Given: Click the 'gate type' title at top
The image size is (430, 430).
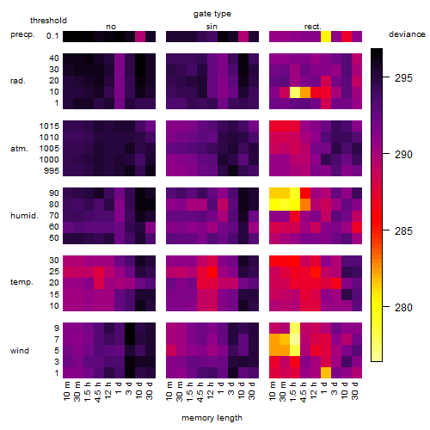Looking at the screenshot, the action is [212, 14].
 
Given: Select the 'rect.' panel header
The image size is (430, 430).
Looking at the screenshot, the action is [313, 27].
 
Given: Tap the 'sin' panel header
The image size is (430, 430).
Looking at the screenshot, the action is [212, 27].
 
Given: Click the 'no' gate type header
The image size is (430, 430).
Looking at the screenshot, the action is [111, 27].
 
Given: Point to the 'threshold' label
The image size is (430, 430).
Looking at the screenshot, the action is [48, 21].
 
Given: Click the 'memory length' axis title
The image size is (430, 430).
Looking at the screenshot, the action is [212, 418].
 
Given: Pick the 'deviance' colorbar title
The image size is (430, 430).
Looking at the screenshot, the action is [407, 34].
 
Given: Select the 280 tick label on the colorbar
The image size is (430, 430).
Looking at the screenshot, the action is [403, 308].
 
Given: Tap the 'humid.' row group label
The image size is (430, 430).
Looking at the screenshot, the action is [24, 216].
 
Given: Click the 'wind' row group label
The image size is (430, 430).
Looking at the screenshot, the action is [20, 351].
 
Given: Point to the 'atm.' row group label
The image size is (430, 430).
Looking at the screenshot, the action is [19, 149].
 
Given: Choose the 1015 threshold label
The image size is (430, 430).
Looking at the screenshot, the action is [49, 126].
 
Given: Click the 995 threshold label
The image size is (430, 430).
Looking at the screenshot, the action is [52, 171].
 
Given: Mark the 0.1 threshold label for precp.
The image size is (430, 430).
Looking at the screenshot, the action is [52, 36].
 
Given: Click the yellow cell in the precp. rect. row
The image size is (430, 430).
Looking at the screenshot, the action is [326, 36].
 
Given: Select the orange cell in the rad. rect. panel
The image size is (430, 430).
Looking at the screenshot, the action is [305, 92].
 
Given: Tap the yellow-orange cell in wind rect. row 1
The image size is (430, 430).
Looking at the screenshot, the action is [326, 372].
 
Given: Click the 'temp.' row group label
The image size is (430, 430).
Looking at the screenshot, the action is [21, 282].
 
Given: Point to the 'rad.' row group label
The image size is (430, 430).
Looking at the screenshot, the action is [18, 81].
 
